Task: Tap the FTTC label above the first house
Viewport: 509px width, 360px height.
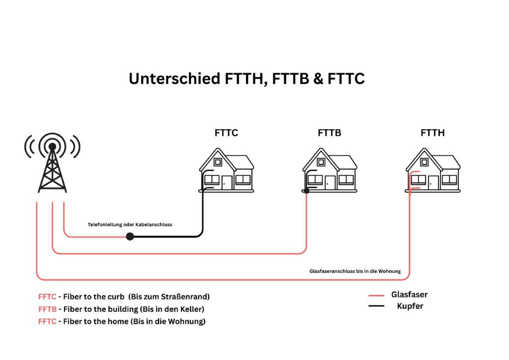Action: [x=226, y=133]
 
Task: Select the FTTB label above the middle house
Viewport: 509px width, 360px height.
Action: [x=329, y=133]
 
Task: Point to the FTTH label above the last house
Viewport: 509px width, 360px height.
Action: [x=432, y=133]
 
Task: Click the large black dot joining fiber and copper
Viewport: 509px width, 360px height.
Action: [x=130, y=236]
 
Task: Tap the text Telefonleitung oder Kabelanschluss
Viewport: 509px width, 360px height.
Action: [x=130, y=225]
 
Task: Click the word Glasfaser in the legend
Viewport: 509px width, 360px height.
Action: [x=409, y=294]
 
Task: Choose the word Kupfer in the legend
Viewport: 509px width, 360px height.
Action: [x=410, y=306]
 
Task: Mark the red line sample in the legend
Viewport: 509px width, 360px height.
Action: [x=376, y=295]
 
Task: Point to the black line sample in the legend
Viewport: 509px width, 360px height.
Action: [x=376, y=306]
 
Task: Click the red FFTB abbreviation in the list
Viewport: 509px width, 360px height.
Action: [x=47, y=309]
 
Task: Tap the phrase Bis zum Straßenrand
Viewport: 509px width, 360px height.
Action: [x=169, y=297]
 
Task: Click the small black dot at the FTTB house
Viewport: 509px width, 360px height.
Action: [x=307, y=190]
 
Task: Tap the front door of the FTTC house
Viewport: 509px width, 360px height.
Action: [x=227, y=182]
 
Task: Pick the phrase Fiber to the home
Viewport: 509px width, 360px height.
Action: [x=95, y=321]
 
